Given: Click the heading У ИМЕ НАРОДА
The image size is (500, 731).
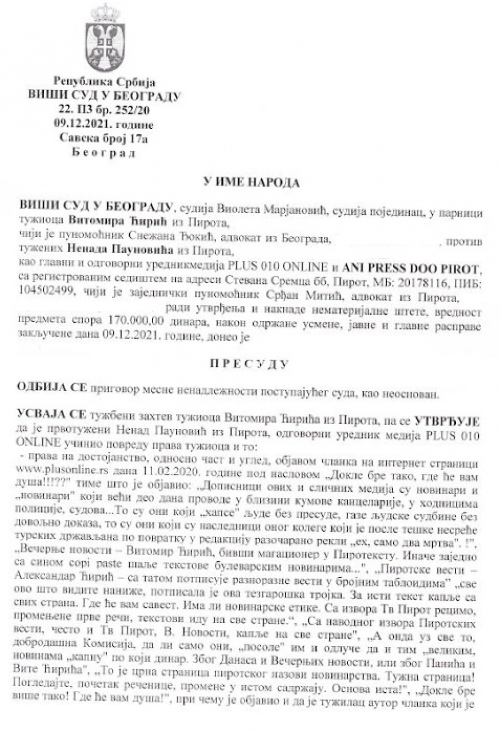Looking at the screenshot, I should point(250,182).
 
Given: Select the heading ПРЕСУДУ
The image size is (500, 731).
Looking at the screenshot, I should point(250,363).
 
